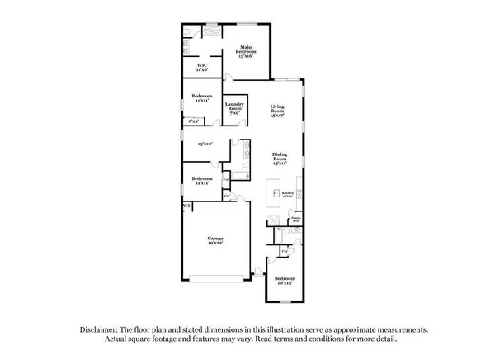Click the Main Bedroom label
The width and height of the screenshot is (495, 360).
pyautogui.click(x=246, y=52)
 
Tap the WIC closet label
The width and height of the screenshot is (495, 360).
pyautogui.click(x=201, y=68)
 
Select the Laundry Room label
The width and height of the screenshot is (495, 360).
pyautogui.click(x=233, y=107)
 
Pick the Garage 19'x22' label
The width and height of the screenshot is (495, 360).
pyautogui.click(x=215, y=241)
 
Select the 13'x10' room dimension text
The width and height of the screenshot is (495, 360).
pyautogui.click(x=205, y=144)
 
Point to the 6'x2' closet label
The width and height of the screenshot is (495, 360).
pyautogui.click(x=195, y=121)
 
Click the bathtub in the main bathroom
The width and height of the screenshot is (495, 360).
pyautogui.click(x=213, y=30)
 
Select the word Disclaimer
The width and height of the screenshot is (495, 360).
pyautogui.click(x=99, y=329)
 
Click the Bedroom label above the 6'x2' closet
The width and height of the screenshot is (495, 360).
pyautogui.click(x=202, y=96)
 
